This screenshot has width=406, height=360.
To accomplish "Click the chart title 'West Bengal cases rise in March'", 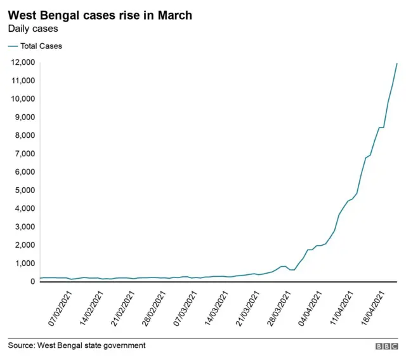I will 100,15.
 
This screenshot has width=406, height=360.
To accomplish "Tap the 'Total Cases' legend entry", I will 41,46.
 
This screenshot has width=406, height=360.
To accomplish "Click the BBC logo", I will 386,347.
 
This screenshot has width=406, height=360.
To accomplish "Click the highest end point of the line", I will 397,63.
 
